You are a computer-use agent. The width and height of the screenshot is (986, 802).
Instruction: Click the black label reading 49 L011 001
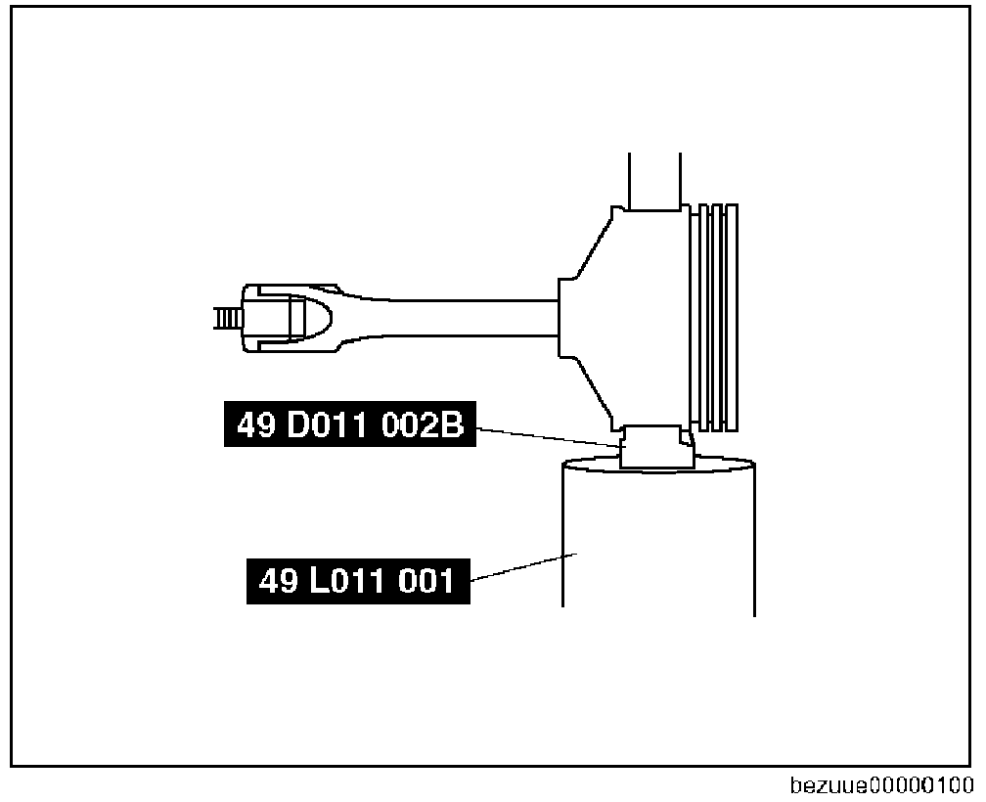(x=358, y=581)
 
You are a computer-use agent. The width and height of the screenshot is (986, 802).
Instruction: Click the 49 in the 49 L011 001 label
(x=278, y=581)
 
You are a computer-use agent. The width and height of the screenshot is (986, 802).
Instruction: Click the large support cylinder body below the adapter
(x=657, y=548)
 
